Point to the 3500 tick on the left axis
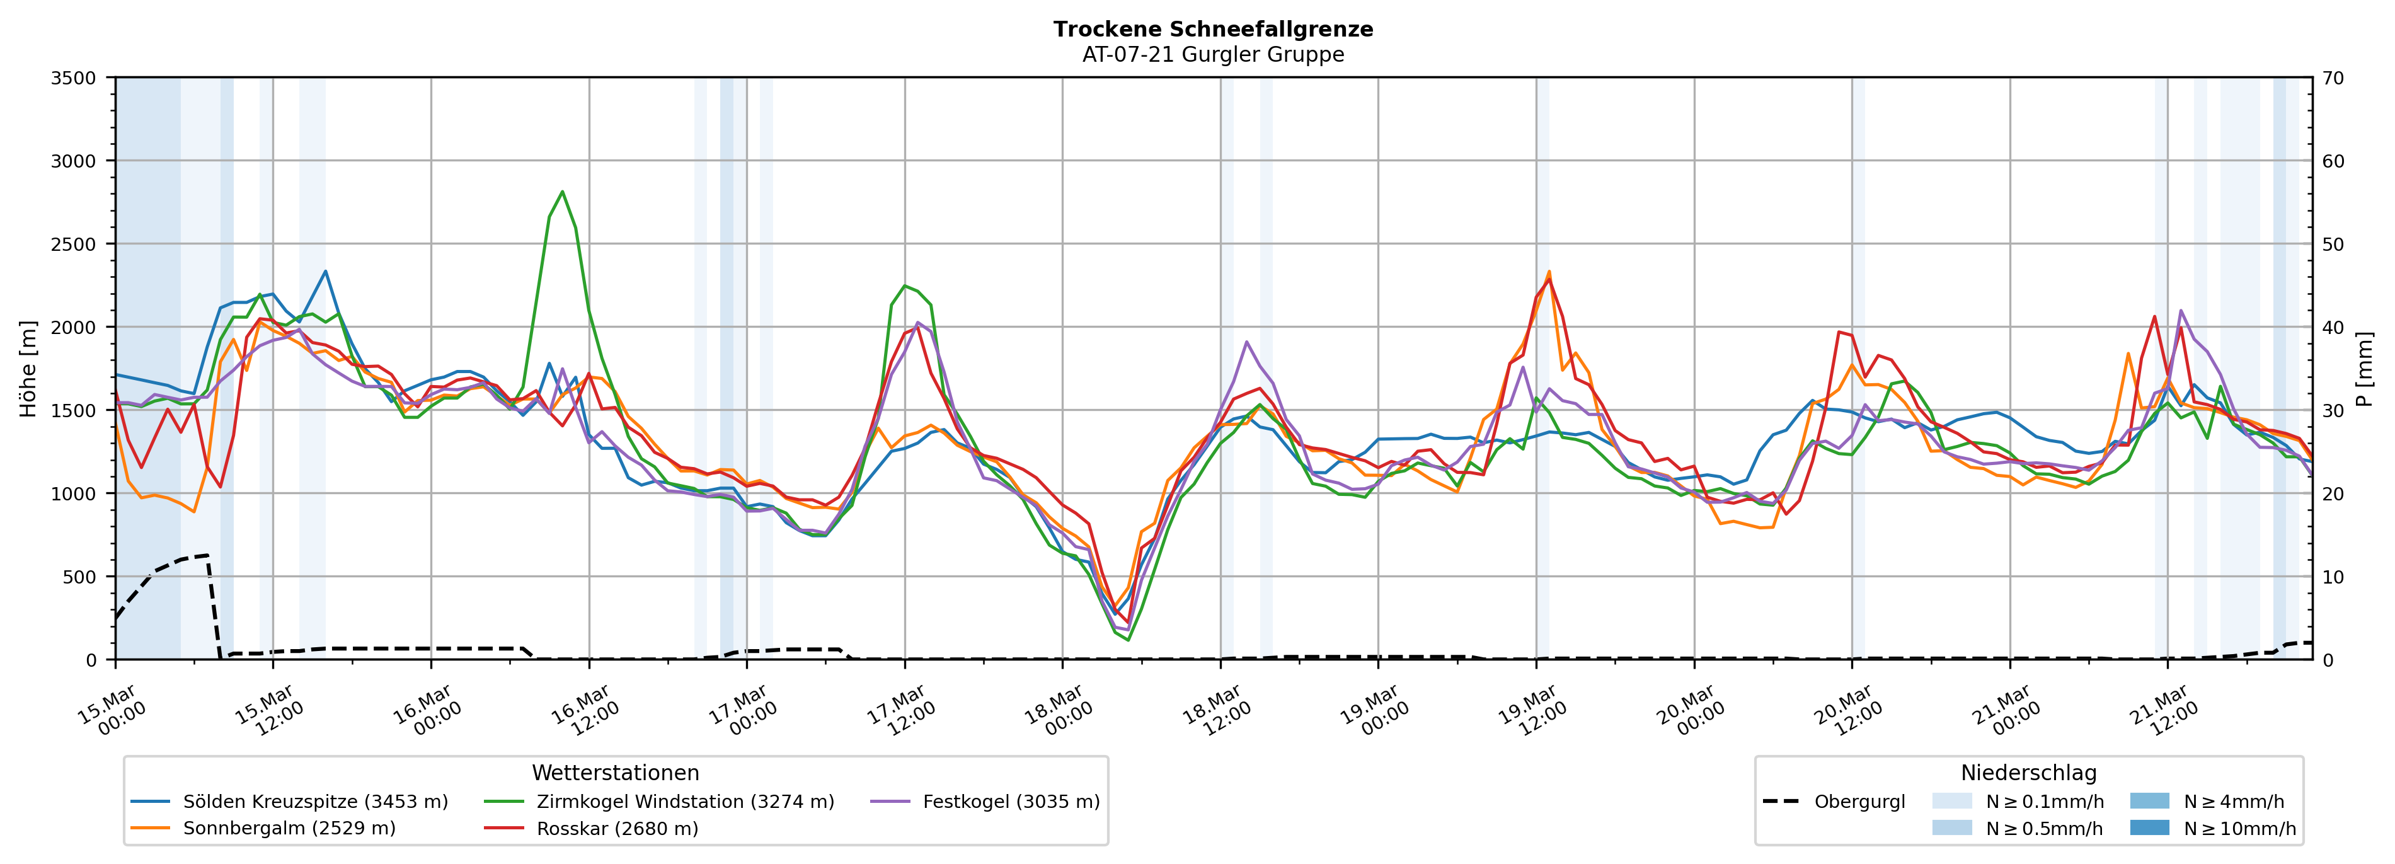pyautogui.click(x=74, y=78)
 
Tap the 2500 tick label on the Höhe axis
pyautogui.click(x=74, y=245)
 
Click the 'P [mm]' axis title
pyautogui.click(x=2365, y=368)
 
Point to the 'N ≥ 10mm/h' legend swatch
pyautogui.click(x=2149, y=827)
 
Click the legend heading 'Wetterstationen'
pyautogui.click(x=616, y=773)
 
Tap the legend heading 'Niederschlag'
pyautogui.click(x=2029, y=773)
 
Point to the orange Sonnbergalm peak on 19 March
pyautogui.click(x=1549, y=272)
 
